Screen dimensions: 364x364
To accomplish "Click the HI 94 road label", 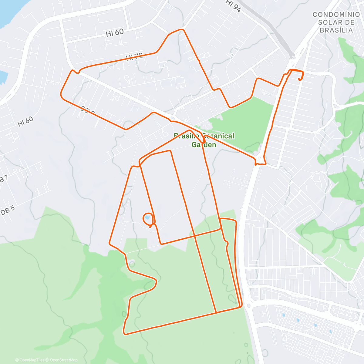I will [233, 6].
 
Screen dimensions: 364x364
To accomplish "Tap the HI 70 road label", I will [134, 56].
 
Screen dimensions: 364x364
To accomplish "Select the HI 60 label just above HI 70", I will [115, 33].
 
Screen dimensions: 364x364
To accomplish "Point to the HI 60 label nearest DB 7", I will [25, 121].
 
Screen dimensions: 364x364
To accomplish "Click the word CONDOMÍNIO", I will [336, 15].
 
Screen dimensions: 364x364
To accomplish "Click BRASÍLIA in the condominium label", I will [336, 30].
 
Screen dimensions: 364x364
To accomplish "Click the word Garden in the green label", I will [204, 145].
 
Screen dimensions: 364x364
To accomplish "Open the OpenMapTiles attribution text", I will [32, 360].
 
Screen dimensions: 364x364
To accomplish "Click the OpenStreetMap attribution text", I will [64, 360].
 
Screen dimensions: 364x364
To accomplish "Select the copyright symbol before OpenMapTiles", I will [17, 360].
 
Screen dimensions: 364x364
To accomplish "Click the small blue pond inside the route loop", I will [147, 218].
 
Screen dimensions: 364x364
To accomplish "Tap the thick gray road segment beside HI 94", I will [273, 29].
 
